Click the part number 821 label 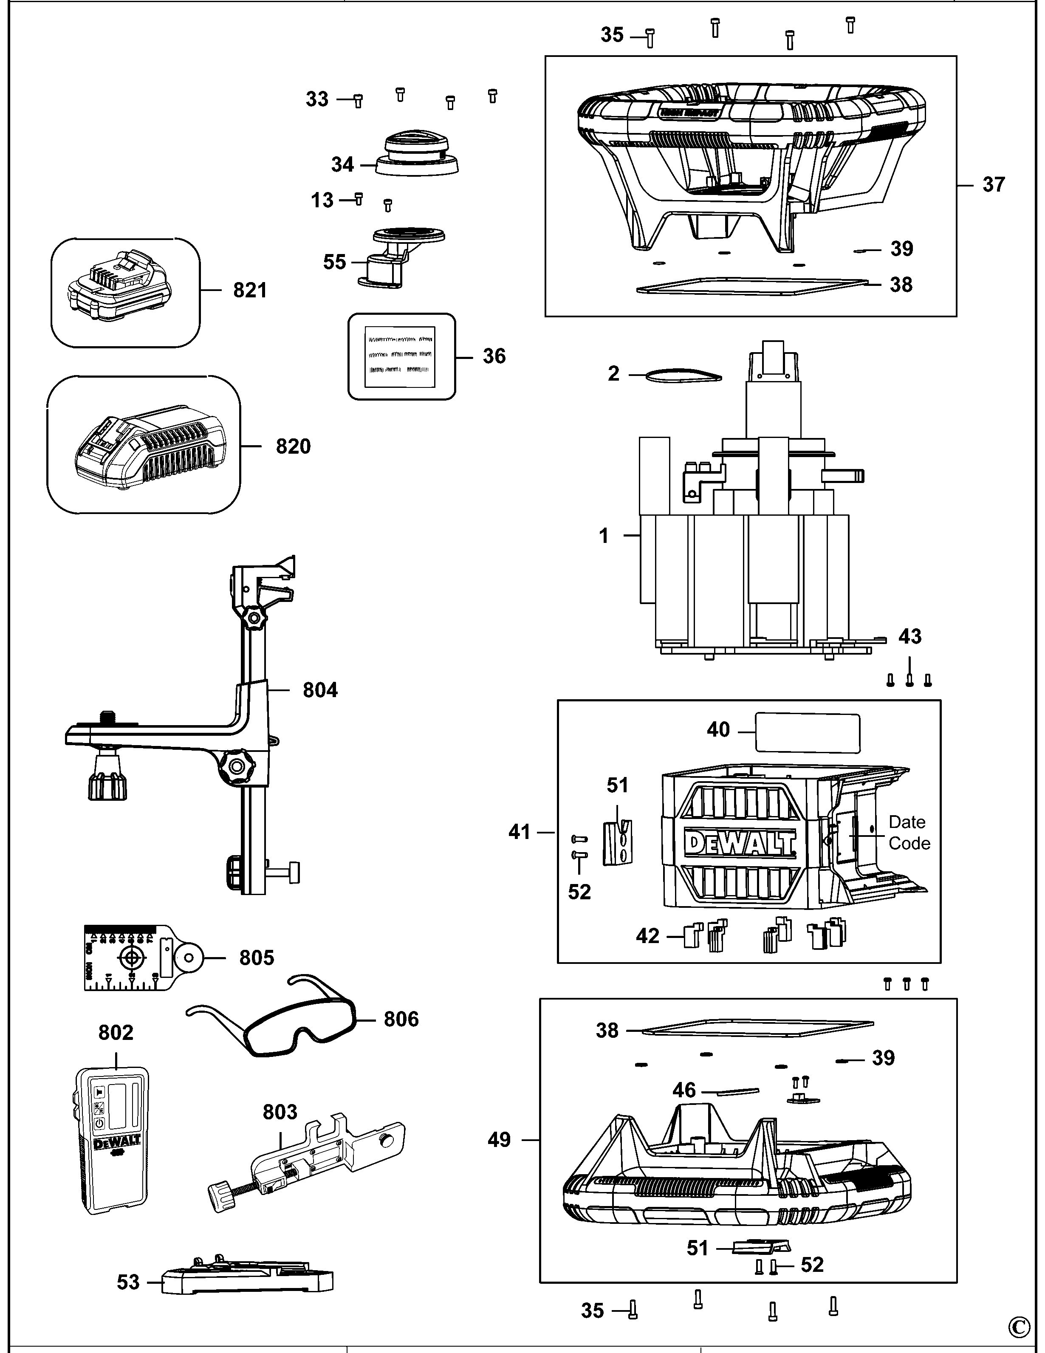click(x=250, y=290)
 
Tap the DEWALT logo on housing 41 click(x=740, y=844)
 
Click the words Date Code click(x=909, y=833)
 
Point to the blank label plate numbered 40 click(x=807, y=733)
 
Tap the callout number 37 click(x=993, y=185)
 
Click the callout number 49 click(x=499, y=1140)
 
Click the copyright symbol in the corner click(x=1019, y=1328)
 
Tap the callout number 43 click(x=909, y=637)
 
